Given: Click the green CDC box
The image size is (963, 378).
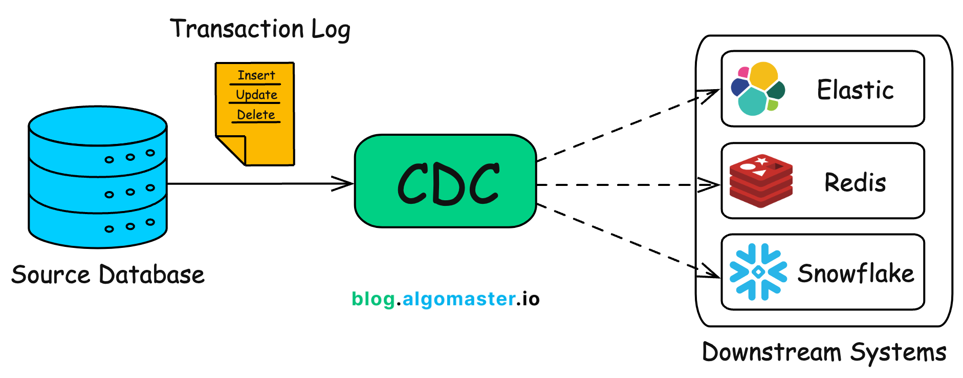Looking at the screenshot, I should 445,181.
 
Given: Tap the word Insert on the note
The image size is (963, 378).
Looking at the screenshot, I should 256,75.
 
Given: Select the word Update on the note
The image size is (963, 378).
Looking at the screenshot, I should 256,95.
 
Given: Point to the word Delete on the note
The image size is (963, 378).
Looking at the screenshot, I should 256,115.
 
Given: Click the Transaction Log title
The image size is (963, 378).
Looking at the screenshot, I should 260,29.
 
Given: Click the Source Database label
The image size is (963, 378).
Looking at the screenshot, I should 108,275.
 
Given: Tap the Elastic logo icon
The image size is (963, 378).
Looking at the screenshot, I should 758,89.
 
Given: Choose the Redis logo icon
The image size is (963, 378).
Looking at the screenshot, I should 761,181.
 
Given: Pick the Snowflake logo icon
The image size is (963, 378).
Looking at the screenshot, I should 758,272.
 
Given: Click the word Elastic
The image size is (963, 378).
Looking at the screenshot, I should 855,90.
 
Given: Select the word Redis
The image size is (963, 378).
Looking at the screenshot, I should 855,182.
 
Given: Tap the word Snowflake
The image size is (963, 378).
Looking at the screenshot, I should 856,273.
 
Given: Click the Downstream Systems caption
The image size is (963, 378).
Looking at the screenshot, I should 824,352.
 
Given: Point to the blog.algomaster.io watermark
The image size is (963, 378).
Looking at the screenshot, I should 445,299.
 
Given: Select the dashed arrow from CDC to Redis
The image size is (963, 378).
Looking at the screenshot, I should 619,185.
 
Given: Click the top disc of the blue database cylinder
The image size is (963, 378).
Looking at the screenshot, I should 98,126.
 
